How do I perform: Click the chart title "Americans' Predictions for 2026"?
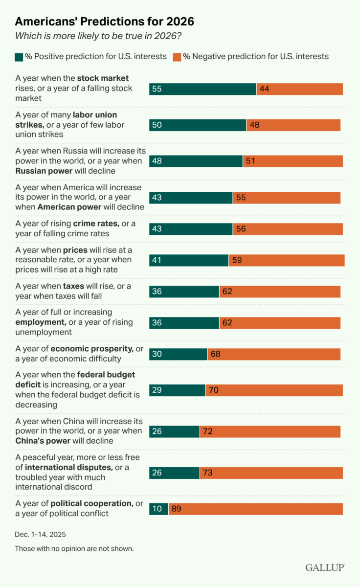click(x=105, y=22)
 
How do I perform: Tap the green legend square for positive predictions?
click(x=19, y=57)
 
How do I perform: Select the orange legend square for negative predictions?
click(x=177, y=57)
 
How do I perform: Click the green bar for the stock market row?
click(x=202, y=89)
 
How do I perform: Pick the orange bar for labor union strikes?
click(x=293, y=125)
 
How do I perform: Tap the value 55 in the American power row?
click(x=241, y=198)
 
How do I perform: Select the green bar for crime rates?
click(x=191, y=229)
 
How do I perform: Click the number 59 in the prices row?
click(x=237, y=261)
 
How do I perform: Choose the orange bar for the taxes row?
click(x=280, y=292)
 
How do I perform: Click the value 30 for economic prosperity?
click(x=157, y=354)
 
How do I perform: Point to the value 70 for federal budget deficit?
click(x=214, y=390)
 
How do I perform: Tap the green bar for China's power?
click(x=174, y=431)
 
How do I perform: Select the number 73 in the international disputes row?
click(x=208, y=473)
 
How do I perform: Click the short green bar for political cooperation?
click(x=158, y=509)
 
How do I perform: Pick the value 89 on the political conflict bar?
click(x=177, y=509)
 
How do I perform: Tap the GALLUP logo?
click(x=325, y=567)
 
